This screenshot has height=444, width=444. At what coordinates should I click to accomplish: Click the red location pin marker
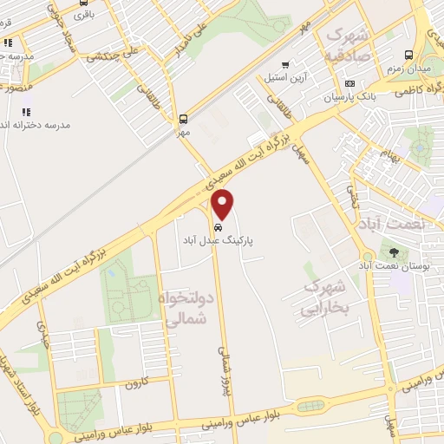(223, 204)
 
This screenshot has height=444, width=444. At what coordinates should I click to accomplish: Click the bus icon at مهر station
(183, 119)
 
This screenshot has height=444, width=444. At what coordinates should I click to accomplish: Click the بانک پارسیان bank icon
(349, 84)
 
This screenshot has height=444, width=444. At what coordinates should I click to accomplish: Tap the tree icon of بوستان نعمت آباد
(395, 252)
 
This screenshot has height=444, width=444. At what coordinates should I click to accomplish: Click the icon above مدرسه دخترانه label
(26, 111)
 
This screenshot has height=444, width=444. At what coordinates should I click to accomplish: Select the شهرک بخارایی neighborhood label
(325, 297)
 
